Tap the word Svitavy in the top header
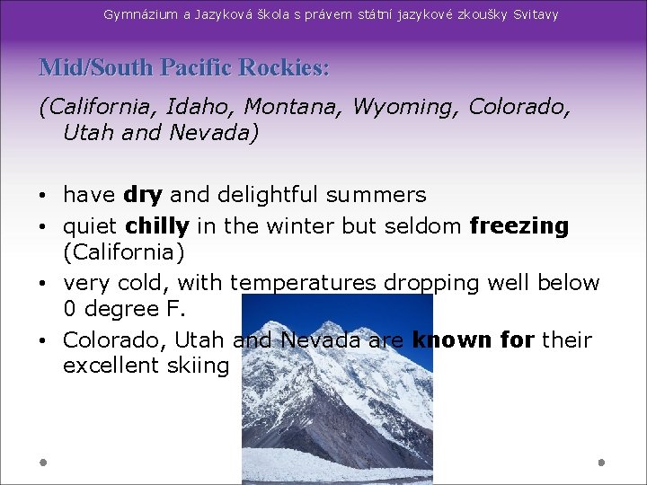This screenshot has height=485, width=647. [x=536, y=14]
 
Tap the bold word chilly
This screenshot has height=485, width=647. [x=157, y=225]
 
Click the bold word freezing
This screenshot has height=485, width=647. [x=519, y=225]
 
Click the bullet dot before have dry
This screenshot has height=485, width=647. [x=44, y=196]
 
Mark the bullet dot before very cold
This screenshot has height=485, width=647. [x=44, y=284]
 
